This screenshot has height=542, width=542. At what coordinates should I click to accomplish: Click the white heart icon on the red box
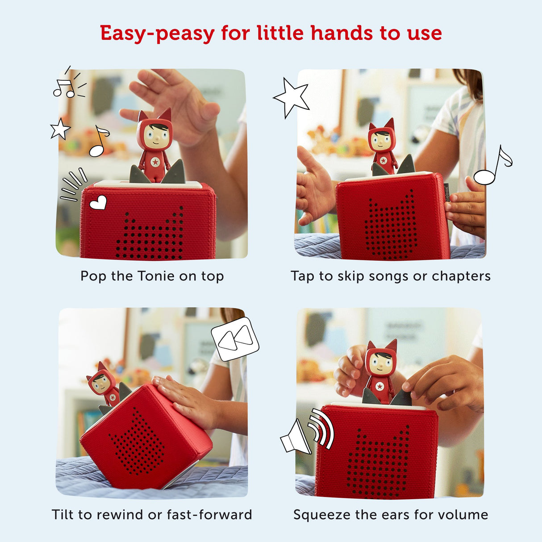coord(98,203)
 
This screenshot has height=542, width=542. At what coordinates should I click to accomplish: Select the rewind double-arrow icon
coord(235,339)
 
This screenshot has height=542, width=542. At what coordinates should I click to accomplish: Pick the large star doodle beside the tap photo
coord(292,97)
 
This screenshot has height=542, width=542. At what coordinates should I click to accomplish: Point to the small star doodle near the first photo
coord(60,129)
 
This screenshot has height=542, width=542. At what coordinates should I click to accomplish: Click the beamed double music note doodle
coord(64,88)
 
